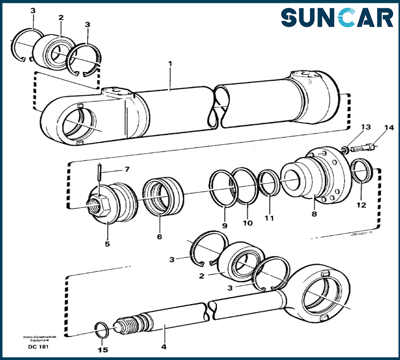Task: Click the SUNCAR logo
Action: point(337,18)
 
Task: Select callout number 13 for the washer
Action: point(366,127)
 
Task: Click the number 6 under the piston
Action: point(160,237)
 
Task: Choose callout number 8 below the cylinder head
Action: point(314,214)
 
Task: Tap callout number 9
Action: point(225,226)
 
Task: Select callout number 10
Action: point(248,223)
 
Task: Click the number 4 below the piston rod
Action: point(164,346)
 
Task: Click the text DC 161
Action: point(38,346)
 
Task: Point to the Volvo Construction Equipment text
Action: point(39,338)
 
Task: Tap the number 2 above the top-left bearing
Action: point(61,18)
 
